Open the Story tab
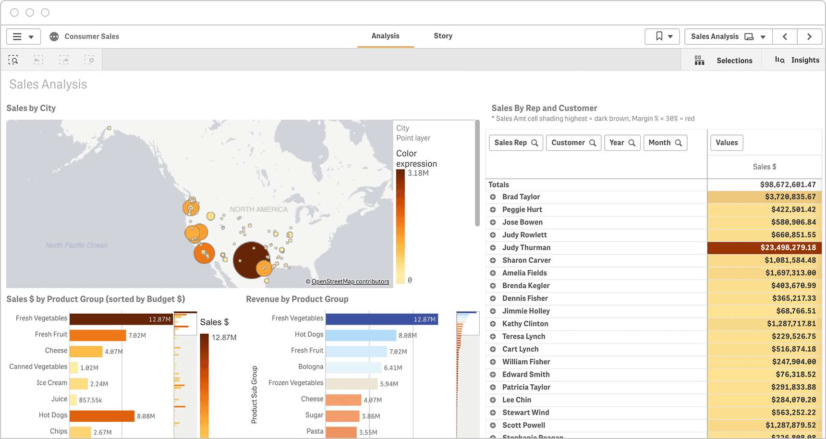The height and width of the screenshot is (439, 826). coord(443,36)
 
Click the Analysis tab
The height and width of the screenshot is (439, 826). coord(385,36)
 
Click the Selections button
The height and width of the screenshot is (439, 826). coord(725,61)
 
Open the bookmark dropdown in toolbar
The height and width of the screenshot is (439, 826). coord(662,37)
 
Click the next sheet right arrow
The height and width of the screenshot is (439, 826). coord(809,37)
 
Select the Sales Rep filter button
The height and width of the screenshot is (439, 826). coord(516,143)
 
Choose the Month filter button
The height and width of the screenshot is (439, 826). coord(665,143)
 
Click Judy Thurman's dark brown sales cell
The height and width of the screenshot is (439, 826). coord(764,247)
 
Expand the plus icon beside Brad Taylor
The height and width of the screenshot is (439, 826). coord(493,197)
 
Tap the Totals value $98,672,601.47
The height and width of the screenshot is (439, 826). coord(788,184)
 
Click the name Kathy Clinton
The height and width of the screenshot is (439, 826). coord(525,324)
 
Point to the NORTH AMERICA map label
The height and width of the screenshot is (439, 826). coord(258,209)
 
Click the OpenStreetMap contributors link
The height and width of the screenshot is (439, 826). coord(350,281)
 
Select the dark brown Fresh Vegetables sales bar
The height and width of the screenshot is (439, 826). coord(120,319)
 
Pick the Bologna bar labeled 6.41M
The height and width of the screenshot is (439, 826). coord(353,367)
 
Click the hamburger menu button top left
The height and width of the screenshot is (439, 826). coord(23,37)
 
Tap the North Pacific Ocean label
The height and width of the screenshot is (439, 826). coord(76,245)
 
